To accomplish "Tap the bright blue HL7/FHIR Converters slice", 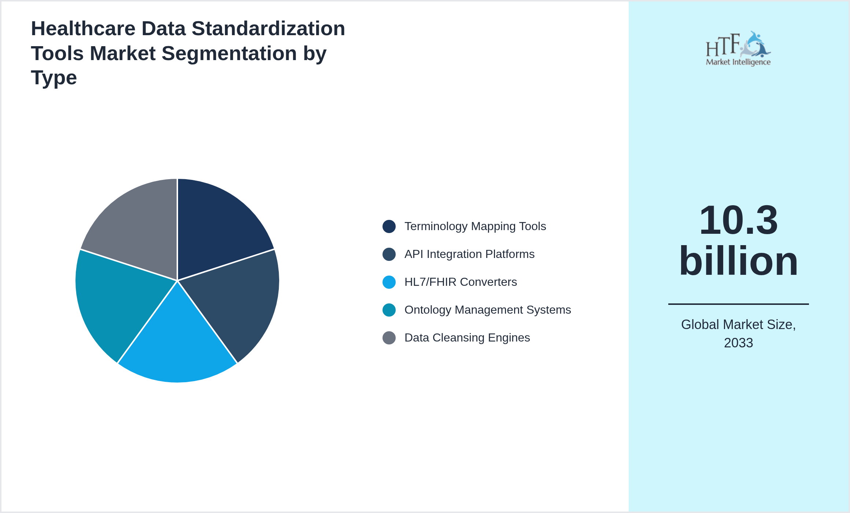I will point(177,344).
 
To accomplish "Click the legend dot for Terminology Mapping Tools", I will point(389,226).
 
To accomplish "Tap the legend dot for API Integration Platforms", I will point(389,254).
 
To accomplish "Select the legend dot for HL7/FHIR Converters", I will point(389,282).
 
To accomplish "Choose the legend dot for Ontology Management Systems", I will point(389,310).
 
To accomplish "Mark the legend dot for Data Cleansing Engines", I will point(389,338).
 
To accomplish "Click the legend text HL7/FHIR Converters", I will point(461,282).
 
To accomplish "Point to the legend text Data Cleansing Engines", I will point(467,338).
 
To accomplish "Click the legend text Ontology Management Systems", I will point(488,310).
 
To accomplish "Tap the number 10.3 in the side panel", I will point(738,221).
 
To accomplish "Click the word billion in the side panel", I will point(738,261).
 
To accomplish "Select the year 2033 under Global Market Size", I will point(738,343).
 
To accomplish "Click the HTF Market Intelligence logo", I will point(738,49).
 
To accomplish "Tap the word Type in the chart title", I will point(54,78).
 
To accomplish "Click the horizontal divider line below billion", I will point(738,304).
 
